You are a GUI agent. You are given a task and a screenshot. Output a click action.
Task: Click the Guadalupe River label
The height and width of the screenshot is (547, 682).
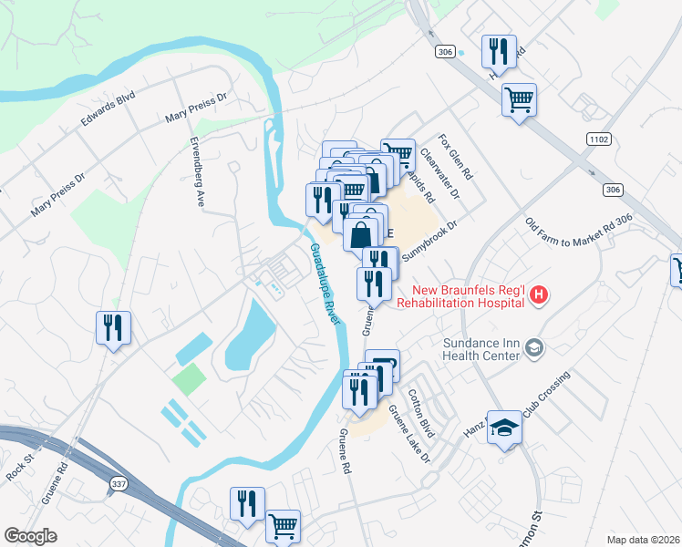pyautogui.click(x=325, y=284)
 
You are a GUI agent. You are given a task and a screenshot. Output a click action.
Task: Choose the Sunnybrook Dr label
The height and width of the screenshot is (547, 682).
pyautogui.click(x=428, y=240)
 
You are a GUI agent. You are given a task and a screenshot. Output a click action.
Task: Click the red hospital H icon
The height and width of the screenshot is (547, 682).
pyautogui.click(x=540, y=294)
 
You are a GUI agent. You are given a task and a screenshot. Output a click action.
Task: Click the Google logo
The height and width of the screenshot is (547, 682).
pyautogui.click(x=31, y=536)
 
